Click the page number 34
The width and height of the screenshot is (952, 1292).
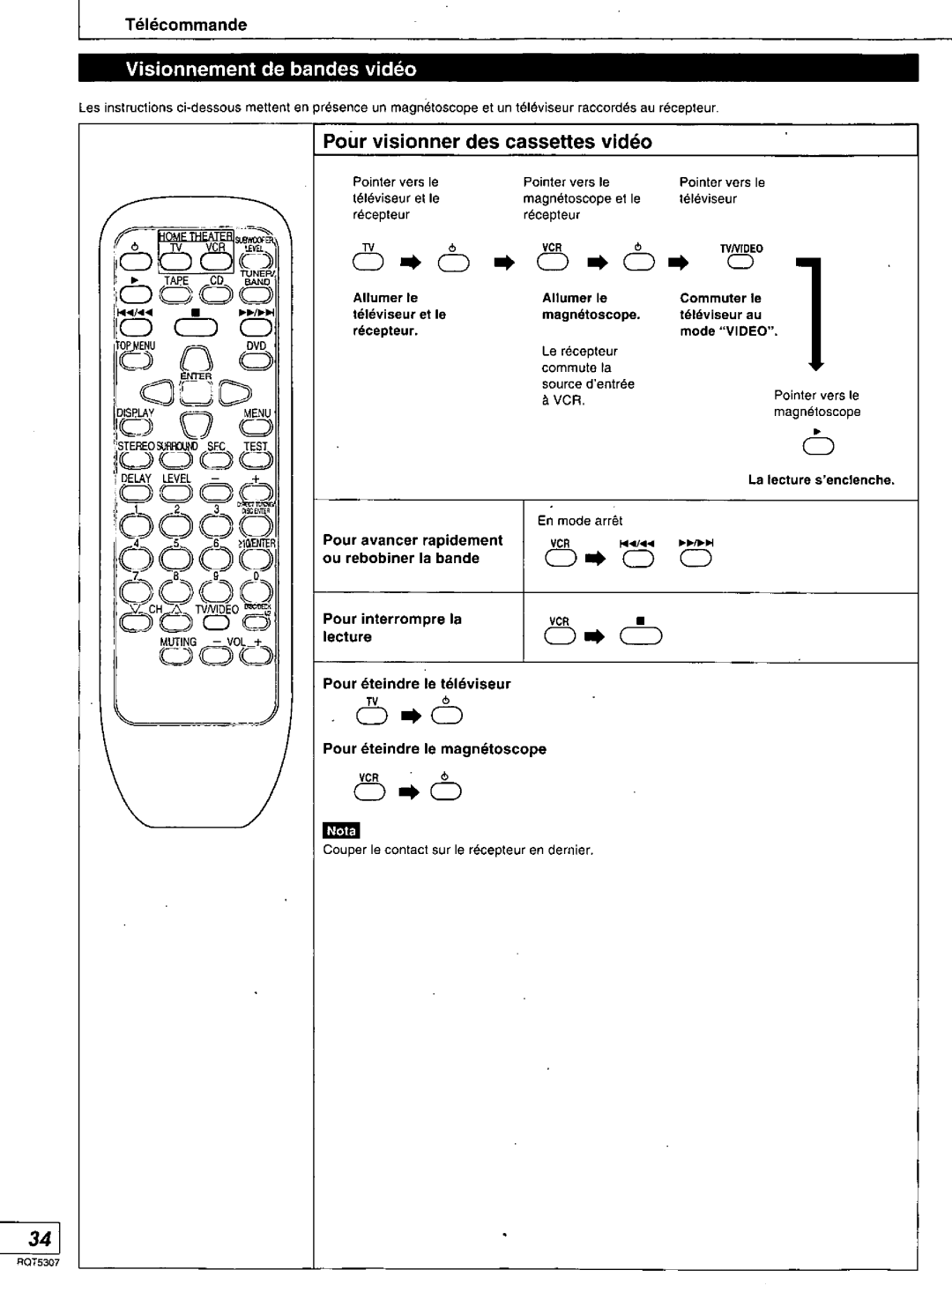click(x=40, y=1238)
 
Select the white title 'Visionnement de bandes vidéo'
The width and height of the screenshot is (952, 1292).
click(x=270, y=69)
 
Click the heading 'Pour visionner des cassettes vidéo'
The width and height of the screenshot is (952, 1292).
click(x=487, y=142)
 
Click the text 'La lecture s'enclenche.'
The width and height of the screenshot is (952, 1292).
click(x=821, y=480)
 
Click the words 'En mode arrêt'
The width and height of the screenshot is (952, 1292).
click(x=581, y=521)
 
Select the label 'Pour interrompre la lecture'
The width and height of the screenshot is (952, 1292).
click(x=392, y=627)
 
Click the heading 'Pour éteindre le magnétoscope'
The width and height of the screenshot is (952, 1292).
click(x=435, y=749)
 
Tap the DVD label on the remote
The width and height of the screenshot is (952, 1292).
click(x=256, y=346)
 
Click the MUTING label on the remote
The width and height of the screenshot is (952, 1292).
click(x=178, y=642)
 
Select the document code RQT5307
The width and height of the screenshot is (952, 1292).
click(x=39, y=1262)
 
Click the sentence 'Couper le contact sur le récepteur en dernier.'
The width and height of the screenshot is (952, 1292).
click(x=458, y=851)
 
